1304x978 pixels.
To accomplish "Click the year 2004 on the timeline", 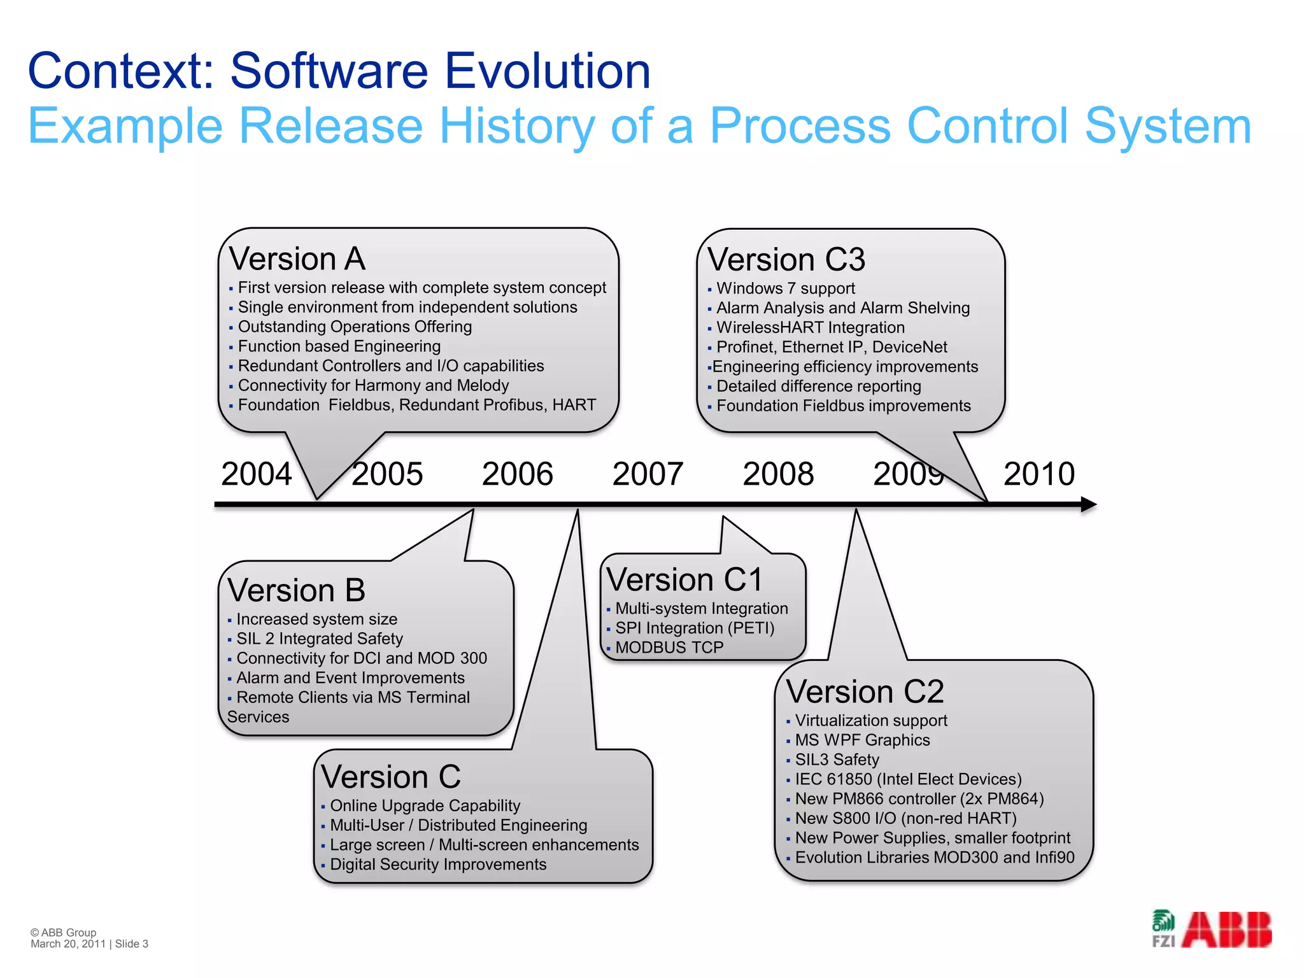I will point(256,474).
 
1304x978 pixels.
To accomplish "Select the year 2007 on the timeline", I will point(648,474).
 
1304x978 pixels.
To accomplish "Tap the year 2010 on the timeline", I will point(1038,474).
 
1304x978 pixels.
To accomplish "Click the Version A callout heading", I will point(297,259).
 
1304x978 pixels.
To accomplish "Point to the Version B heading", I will point(296,590).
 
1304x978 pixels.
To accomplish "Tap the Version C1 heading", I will point(684,580).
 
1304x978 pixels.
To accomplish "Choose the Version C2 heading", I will point(865,691).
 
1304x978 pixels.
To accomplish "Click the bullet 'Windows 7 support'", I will point(785,288).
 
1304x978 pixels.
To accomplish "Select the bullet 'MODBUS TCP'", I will point(669,648).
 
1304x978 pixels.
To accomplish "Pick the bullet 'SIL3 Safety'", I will point(837,760).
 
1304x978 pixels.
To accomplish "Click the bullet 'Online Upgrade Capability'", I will point(425,806).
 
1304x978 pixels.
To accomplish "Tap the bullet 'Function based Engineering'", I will point(339,346).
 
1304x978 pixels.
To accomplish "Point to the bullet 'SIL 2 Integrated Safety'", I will point(319,639).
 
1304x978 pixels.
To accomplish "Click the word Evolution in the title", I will point(547,71).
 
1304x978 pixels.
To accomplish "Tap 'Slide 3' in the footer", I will point(131,944).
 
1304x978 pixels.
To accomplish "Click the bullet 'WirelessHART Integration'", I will point(810,328).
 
